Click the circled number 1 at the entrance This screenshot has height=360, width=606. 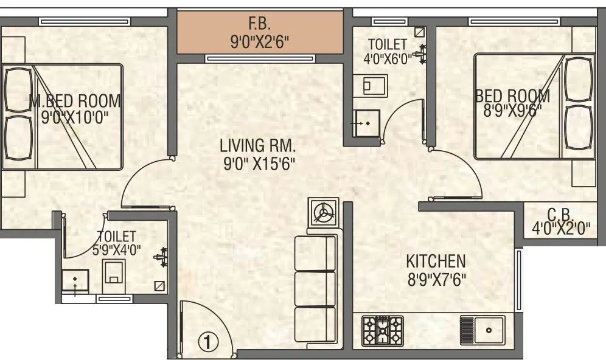207,342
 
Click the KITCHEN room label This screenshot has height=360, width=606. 436,261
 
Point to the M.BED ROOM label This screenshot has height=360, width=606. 75,100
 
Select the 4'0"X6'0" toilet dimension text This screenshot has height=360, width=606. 388,60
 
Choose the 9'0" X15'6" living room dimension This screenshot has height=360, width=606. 258,164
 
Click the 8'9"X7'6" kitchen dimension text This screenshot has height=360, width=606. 436,280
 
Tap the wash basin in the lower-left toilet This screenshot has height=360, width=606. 75,281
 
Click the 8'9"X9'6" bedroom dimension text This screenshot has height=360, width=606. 512,112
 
